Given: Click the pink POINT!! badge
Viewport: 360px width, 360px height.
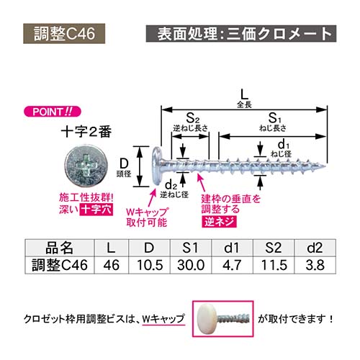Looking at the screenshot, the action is pos(53,112).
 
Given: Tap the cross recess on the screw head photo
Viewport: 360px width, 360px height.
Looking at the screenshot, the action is pos(86,166).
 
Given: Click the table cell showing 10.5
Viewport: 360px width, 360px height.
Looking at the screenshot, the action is pos(150,265).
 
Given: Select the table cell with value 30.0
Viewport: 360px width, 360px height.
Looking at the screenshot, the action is pos(191,265).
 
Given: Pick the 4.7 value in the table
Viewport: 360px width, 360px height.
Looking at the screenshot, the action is pos(232,265).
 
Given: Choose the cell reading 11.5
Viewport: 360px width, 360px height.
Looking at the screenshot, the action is pos(274,265).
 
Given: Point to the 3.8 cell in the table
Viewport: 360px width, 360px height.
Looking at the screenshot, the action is pos(315,265).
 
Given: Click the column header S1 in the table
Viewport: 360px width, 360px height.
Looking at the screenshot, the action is pos(191,248).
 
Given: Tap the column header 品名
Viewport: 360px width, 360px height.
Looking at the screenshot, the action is pos(59,248).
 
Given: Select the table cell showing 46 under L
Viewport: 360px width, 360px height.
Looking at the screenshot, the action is pos(112,265).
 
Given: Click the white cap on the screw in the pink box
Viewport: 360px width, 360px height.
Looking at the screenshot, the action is pos(207,318).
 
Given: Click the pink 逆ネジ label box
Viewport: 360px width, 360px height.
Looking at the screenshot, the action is pos(219,222).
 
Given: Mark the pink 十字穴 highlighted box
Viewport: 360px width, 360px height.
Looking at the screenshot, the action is pos(96,210).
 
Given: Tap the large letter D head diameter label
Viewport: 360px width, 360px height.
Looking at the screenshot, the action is pos(124,164).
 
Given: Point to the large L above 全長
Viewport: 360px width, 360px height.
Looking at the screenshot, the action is pos(244,94).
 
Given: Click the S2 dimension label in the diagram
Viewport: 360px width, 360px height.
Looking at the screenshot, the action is pos(193,118).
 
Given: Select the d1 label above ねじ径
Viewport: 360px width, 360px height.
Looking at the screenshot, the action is pos(284,145).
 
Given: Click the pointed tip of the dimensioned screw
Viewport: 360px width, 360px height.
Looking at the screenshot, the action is pos(326,166).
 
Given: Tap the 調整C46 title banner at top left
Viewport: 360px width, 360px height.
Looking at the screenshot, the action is pos(64,33).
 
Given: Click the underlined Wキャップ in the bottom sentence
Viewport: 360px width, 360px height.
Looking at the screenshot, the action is pos(163,319).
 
